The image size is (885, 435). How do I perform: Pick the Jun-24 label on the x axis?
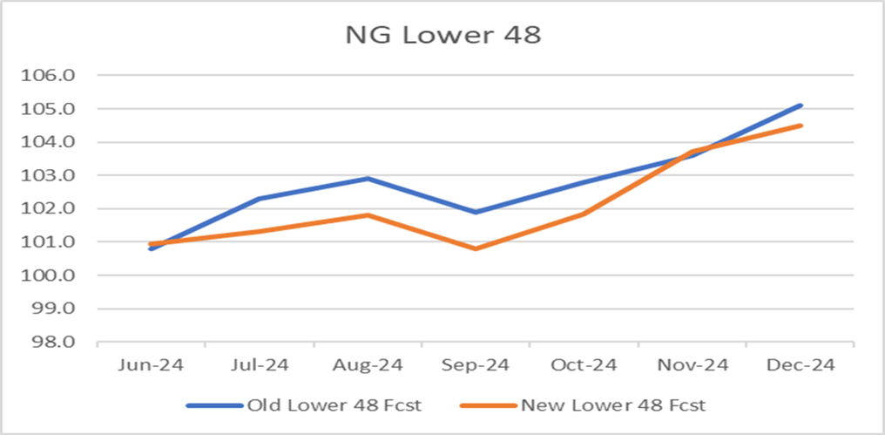click(x=151, y=366)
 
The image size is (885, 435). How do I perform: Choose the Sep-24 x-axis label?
click(x=476, y=366)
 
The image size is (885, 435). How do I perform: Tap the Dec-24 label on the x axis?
click(x=801, y=366)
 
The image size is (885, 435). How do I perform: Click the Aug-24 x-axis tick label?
click(x=368, y=366)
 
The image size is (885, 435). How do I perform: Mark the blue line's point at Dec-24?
click(x=801, y=105)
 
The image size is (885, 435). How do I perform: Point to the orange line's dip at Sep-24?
click(x=476, y=248)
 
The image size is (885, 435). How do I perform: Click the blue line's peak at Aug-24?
click(x=368, y=179)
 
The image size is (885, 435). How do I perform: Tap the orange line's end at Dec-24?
click(x=801, y=126)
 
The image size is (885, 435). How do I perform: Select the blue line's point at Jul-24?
click(x=260, y=199)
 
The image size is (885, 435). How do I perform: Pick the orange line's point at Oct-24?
click(x=584, y=214)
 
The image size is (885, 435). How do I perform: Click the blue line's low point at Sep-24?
click(x=476, y=212)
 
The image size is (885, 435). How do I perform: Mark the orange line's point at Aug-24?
click(x=368, y=215)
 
